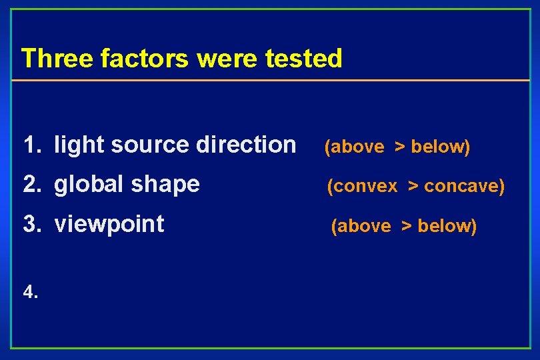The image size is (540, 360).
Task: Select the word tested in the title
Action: pyautogui.click(x=303, y=59)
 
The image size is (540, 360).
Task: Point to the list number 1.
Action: pyautogui.click(x=30, y=144)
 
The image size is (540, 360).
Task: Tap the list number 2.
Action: pyautogui.click(x=30, y=184)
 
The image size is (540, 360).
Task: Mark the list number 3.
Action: pyautogui.click(x=30, y=224)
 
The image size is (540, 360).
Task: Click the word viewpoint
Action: pyautogui.click(x=109, y=225)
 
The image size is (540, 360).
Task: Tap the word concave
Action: pyautogui.click(x=463, y=187)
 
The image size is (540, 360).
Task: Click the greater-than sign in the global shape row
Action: pyautogui.click(x=413, y=187)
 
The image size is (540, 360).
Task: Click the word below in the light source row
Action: pyautogui.click(x=439, y=147)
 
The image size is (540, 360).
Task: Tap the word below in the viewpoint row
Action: pyautogui.click(x=446, y=227)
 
